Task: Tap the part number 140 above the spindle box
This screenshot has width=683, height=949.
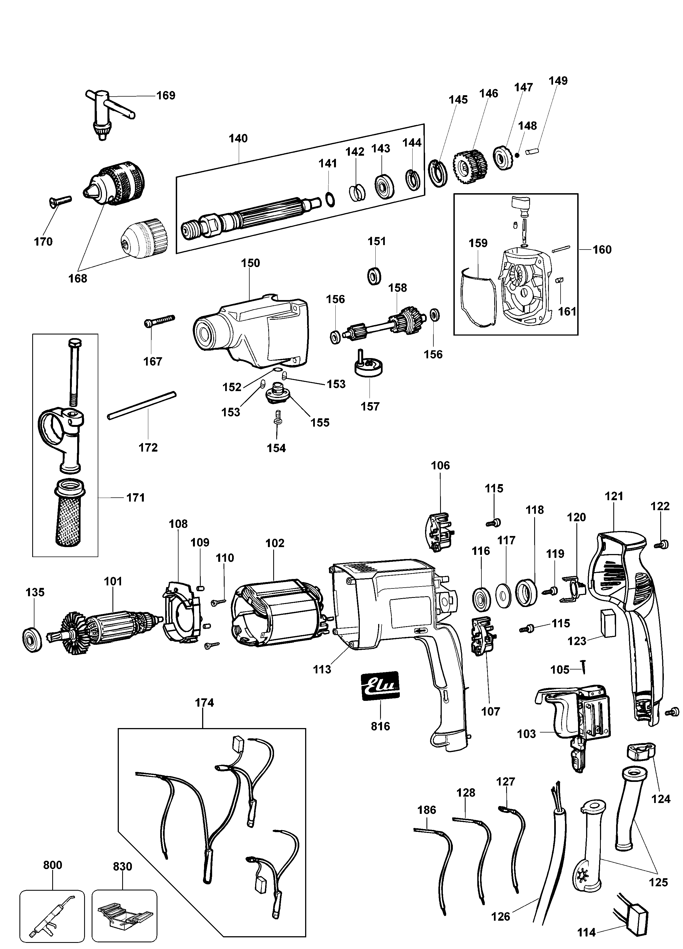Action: (x=238, y=139)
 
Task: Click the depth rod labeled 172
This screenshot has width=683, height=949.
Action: (x=141, y=405)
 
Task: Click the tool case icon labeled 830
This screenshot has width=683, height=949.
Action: (x=124, y=916)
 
